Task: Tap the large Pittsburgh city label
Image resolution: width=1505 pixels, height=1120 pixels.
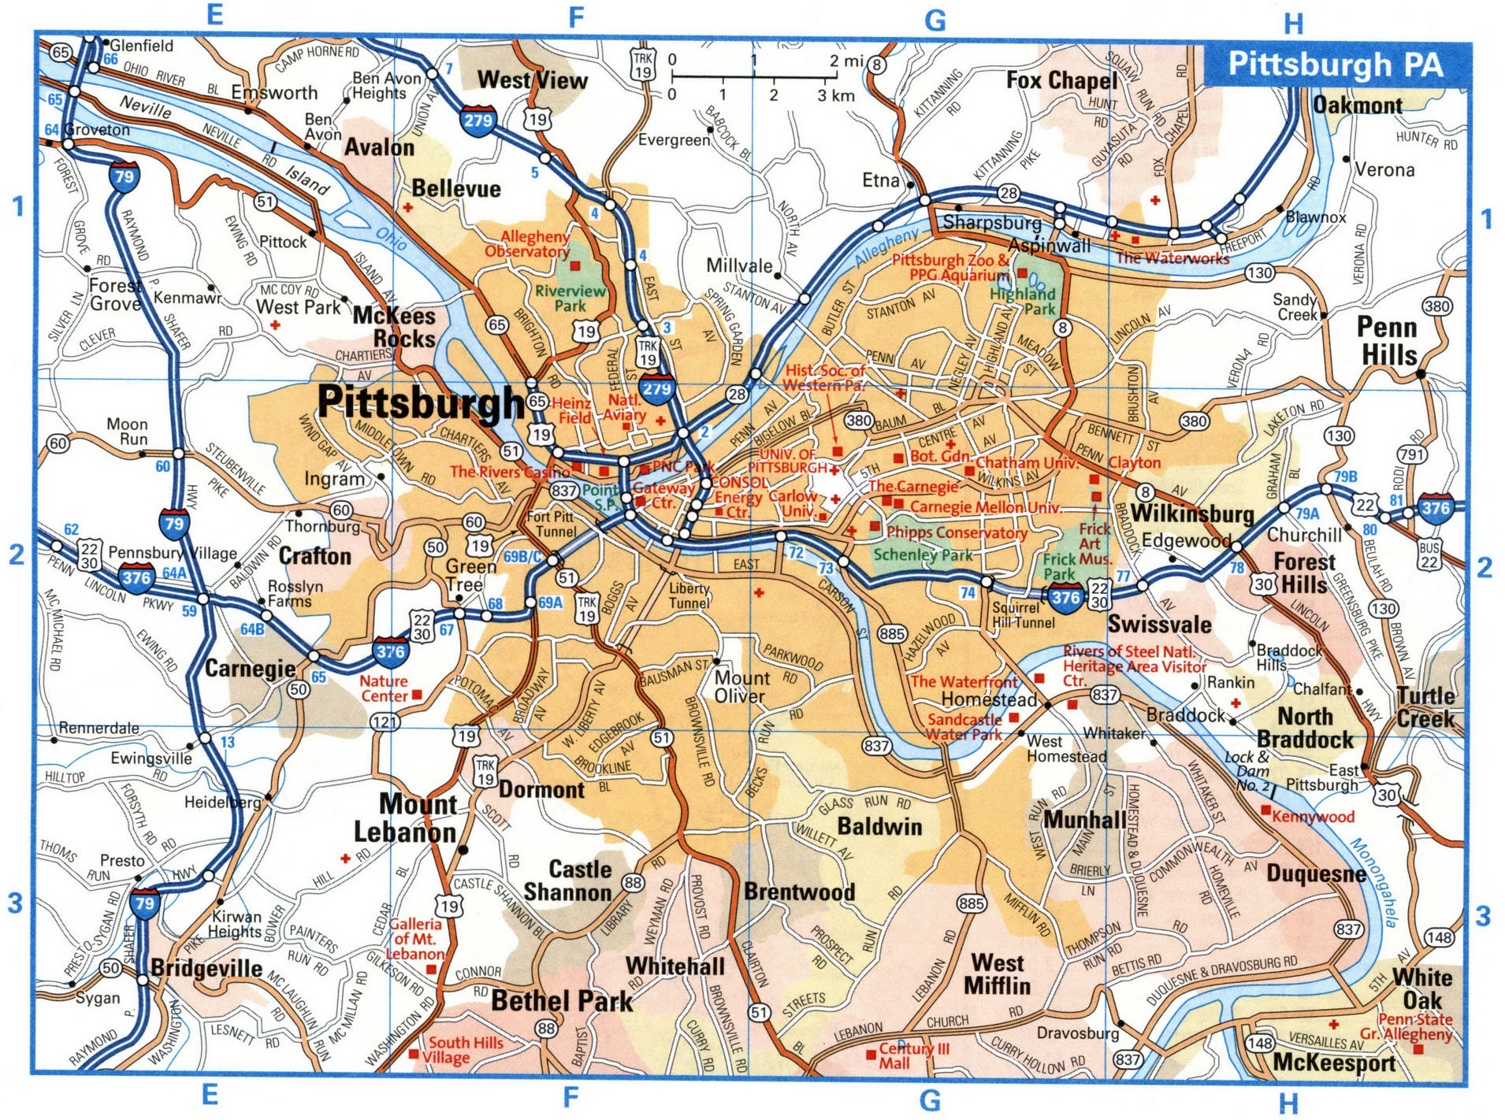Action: click(420, 403)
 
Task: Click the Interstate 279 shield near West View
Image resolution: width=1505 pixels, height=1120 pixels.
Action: click(477, 120)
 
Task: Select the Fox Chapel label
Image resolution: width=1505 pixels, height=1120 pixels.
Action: click(1061, 80)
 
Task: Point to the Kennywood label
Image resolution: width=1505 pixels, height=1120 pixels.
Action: click(1313, 817)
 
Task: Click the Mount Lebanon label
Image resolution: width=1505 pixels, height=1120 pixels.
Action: click(405, 818)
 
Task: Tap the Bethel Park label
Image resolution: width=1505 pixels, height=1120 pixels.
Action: click(562, 1001)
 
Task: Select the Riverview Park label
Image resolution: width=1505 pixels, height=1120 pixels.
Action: click(570, 298)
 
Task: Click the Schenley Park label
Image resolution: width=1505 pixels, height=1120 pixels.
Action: click(923, 554)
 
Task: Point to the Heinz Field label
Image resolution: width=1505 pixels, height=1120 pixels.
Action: click(574, 410)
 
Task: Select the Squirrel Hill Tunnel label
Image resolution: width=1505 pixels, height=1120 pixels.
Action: click(1023, 615)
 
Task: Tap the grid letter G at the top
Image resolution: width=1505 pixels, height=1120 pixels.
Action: click(935, 20)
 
